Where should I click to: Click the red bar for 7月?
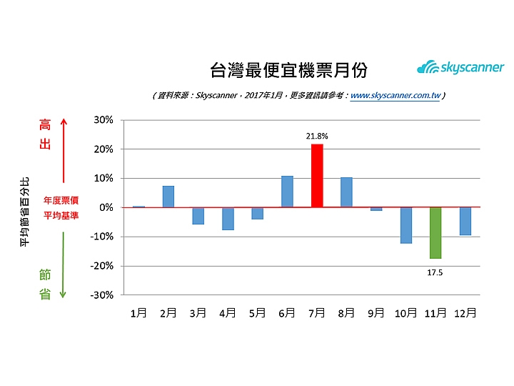[317, 176]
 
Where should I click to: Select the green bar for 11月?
[435, 232]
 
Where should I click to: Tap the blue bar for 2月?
[168, 197]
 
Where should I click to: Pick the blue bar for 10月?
[405, 225]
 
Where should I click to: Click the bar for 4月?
[228, 219]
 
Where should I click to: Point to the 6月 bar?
[287, 192]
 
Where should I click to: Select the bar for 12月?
[465, 221]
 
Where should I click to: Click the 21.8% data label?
[317, 135]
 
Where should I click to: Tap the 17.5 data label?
[435, 272]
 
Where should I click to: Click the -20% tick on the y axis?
[101, 265]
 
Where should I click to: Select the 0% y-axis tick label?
[106, 207]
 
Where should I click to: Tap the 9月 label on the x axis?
[376, 313]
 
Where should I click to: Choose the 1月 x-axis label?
[139, 313]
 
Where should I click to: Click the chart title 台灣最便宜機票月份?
[289, 69]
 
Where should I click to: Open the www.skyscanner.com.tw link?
[395, 94]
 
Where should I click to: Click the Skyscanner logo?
[460, 68]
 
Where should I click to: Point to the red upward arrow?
[64, 150]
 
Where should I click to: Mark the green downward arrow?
[64, 264]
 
